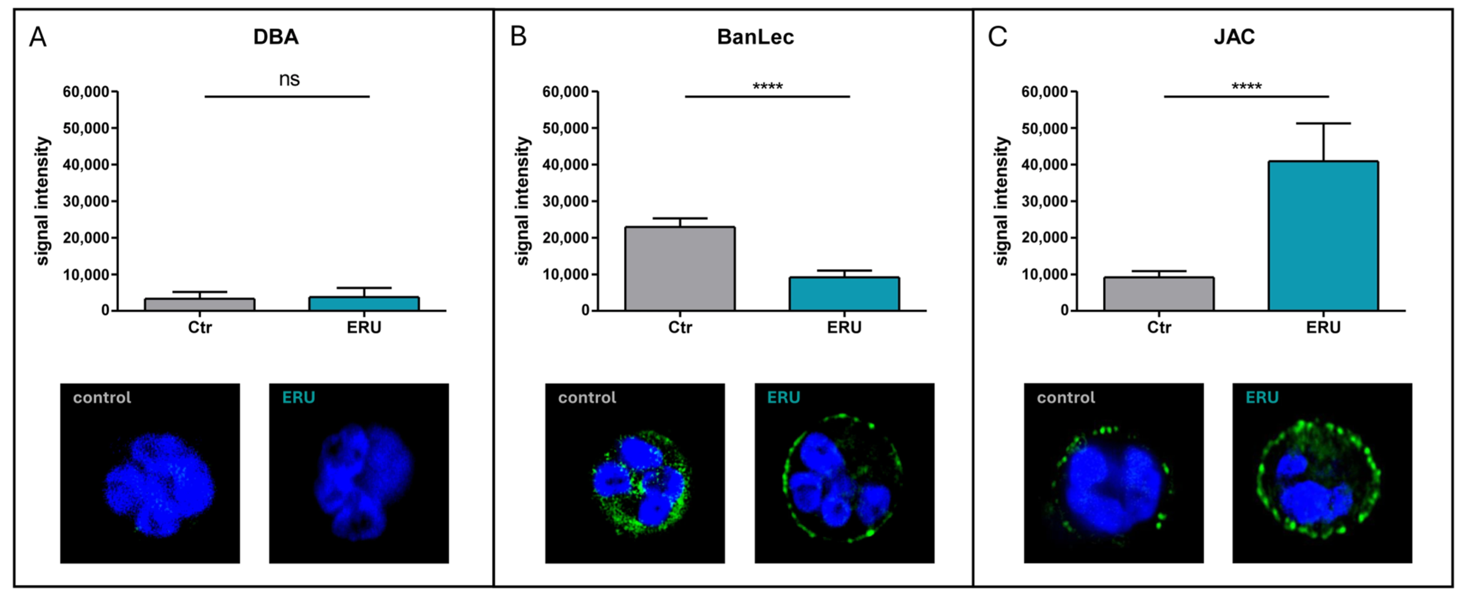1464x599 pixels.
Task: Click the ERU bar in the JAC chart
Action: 1323,236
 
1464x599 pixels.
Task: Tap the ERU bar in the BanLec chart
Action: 844,294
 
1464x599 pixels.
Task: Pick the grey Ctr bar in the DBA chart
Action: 200,304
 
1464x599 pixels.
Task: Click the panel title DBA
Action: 276,37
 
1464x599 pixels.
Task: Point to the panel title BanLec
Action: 755,37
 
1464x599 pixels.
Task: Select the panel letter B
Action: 518,37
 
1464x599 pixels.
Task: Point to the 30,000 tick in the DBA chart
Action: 86,201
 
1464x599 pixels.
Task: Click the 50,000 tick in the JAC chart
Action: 1045,129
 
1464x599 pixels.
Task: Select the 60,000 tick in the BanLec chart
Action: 566,92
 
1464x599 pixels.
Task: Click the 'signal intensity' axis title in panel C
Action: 1001,201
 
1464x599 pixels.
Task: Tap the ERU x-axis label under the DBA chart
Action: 364,328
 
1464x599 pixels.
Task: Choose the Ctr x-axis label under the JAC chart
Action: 1159,328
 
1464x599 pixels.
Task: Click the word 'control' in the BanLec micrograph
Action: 586,398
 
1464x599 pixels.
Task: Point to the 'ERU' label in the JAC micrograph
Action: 1262,398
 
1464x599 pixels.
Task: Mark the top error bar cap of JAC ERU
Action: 1323,123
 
